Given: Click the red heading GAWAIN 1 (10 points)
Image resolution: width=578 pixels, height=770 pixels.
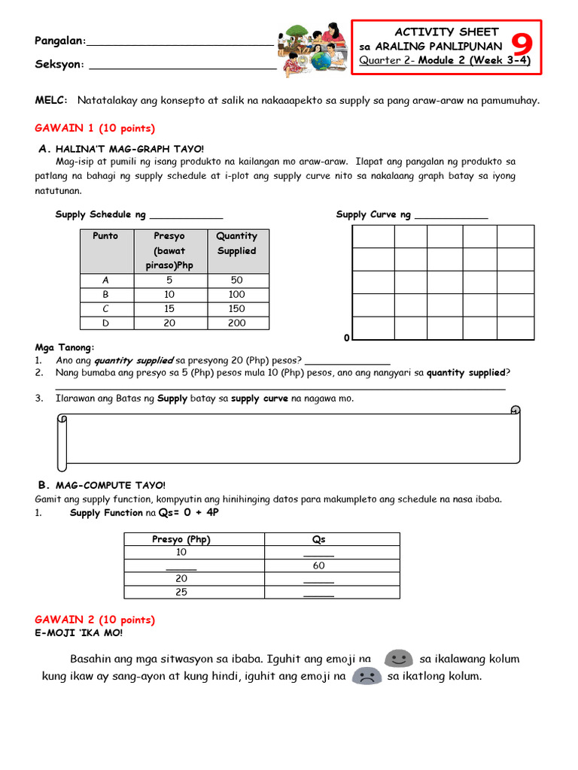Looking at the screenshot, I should tap(95, 128).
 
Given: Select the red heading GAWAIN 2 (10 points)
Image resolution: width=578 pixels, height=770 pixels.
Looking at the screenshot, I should tap(95, 620).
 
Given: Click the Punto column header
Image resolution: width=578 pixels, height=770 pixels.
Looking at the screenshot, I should tap(105, 236).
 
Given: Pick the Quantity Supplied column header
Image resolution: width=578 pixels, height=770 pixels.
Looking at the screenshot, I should tap(236, 243).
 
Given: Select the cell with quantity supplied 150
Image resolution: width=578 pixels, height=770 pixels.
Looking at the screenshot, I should tap(236, 308).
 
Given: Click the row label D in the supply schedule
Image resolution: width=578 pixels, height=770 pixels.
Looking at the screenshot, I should tap(105, 323).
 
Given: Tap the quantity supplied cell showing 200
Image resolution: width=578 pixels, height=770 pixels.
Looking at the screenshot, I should tap(236, 323).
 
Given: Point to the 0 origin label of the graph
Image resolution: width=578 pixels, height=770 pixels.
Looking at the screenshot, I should tap(346, 338).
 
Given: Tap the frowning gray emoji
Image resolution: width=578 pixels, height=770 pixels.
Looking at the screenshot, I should tap(367, 676).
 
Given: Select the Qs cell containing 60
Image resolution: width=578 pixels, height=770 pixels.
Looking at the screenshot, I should tap(318, 565).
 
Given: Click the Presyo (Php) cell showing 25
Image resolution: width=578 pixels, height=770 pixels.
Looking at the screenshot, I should tap(181, 592).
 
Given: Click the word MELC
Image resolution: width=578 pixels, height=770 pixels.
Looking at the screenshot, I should tap(50, 100).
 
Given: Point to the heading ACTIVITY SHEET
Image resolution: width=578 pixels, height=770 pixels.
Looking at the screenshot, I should tap(447, 32).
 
